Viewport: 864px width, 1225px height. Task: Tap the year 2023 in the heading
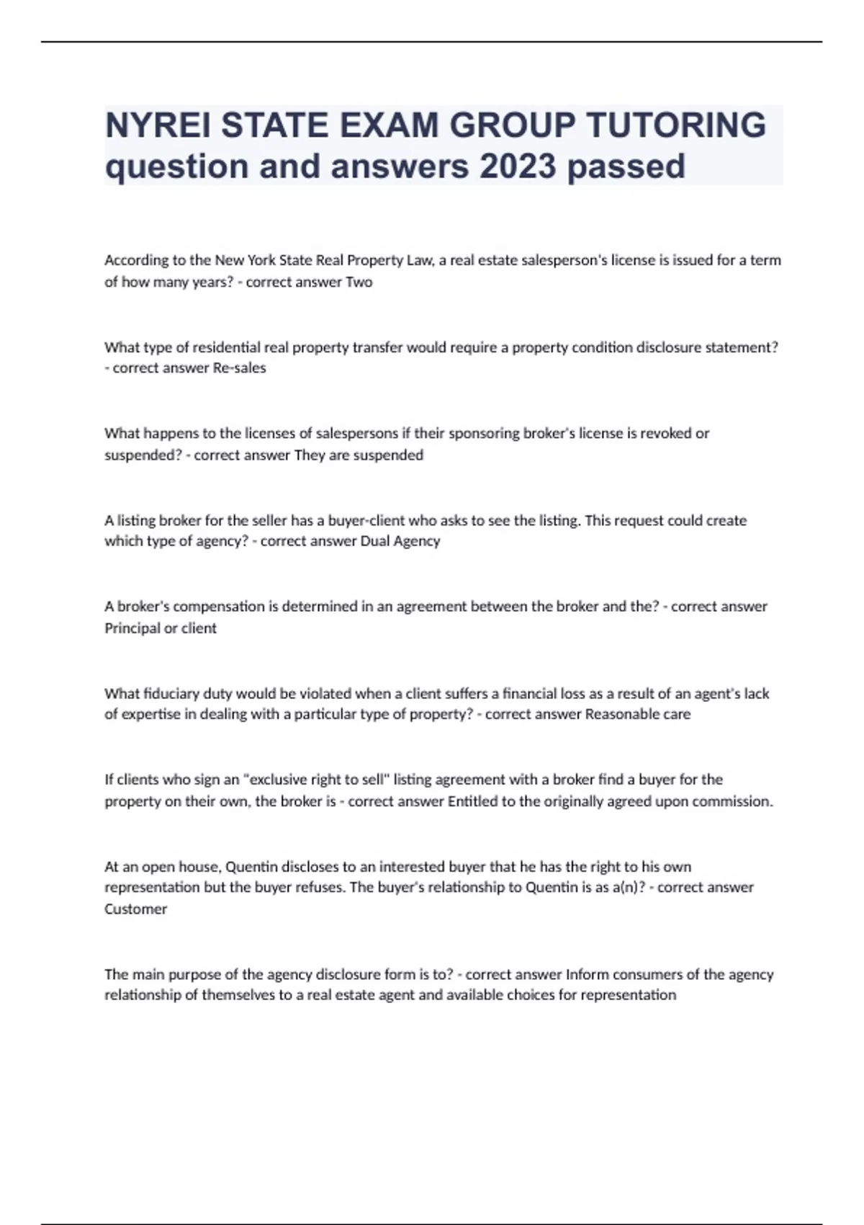[518, 166]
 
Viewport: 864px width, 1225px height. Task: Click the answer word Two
[359, 282]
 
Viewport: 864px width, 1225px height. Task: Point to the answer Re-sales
[240, 368]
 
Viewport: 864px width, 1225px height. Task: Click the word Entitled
[472, 801]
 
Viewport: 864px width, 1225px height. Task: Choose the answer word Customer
[135, 909]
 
